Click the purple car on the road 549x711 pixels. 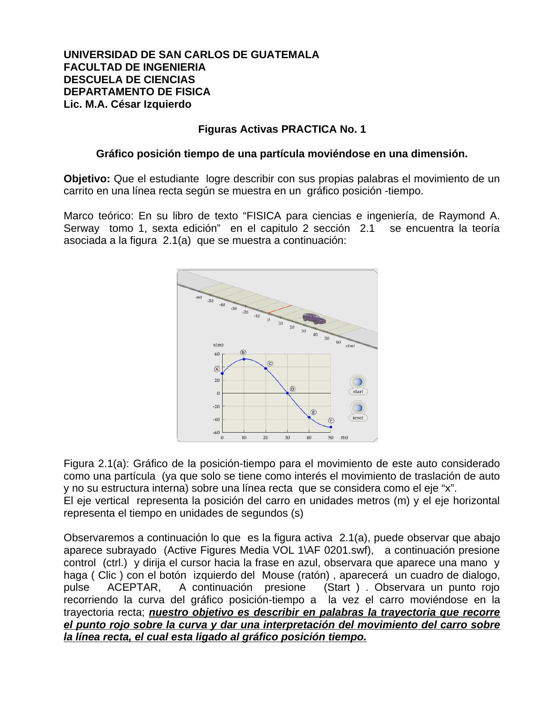coord(314,318)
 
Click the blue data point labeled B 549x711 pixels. coord(244,359)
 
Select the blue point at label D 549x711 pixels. coord(287,393)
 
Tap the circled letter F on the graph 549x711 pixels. coord(331,421)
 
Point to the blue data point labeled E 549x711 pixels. coord(309,417)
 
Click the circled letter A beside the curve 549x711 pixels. coord(217,369)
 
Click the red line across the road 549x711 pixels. coord(280,309)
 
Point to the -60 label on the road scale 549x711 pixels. coord(199,297)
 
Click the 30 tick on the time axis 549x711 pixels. coord(287,438)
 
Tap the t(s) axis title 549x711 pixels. coord(344,438)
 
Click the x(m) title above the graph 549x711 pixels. coord(218,345)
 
